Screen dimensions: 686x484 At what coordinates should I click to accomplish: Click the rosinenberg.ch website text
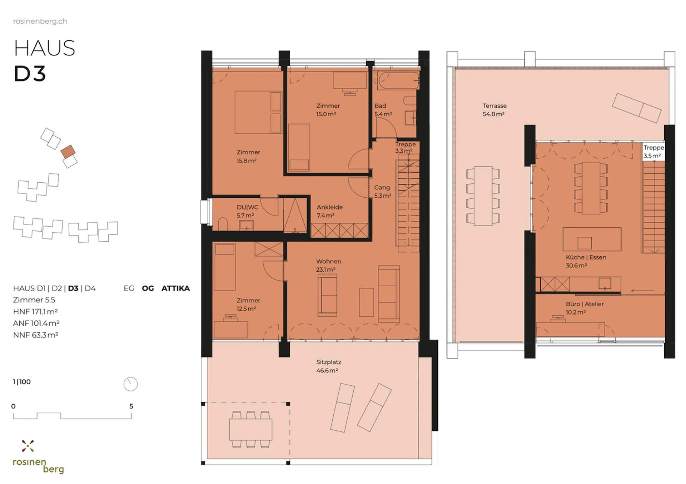[40, 21]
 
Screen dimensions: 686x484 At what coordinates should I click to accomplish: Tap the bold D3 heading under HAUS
[30, 74]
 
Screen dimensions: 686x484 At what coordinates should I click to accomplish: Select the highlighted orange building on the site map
[68, 152]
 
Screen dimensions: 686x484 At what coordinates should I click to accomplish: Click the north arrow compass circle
[130, 384]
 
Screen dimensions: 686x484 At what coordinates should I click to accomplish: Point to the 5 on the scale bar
[131, 406]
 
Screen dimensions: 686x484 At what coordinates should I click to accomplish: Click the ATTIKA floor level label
[175, 288]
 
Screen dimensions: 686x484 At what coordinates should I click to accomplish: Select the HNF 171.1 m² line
[35, 311]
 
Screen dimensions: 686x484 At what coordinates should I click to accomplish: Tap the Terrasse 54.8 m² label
[494, 110]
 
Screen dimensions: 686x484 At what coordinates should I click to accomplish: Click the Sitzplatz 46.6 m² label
[328, 366]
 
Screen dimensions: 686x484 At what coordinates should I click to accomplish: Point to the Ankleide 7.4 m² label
[329, 211]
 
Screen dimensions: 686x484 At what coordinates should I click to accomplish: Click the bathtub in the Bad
[398, 80]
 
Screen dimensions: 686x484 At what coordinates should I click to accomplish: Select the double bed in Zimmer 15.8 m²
[258, 112]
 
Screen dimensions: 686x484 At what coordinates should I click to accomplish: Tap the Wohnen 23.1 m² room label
[328, 266]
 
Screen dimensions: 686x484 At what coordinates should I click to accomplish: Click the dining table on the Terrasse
[483, 196]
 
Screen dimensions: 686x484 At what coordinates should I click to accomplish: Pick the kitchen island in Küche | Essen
[592, 239]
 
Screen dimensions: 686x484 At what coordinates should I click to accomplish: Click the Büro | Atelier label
[585, 308]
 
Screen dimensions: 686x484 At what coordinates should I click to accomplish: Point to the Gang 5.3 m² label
[382, 191]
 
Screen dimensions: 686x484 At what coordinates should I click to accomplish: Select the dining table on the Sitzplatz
[250, 429]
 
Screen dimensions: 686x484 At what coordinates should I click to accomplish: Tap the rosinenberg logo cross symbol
[28, 446]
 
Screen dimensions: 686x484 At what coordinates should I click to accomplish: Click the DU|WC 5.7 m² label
[247, 211]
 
